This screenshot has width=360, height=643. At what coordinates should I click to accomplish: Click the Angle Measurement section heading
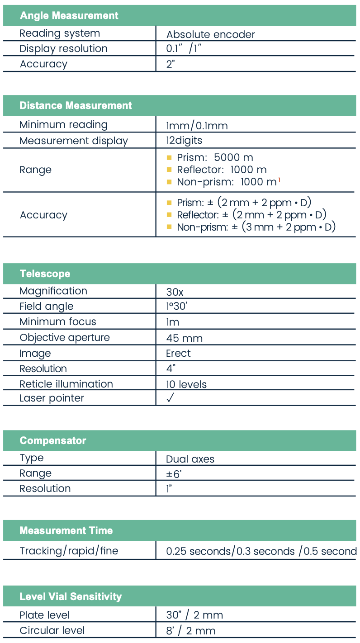point(69,15)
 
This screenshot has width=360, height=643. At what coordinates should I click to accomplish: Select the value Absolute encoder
point(210,35)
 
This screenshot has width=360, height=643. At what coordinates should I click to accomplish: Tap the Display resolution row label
point(63,49)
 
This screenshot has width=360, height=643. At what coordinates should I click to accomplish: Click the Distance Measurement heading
point(76,106)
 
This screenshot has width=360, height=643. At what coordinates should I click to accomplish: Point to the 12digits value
point(184,141)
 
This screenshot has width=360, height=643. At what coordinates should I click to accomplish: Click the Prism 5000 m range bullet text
point(215,158)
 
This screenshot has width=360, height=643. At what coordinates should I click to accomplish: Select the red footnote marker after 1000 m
point(279,180)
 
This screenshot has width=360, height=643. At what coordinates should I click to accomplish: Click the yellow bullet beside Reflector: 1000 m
point(169,170)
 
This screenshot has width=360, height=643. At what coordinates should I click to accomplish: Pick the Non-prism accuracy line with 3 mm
point(256,227)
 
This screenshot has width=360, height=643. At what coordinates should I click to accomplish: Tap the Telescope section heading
point(45,274)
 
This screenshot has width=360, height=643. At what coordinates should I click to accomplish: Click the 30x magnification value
point(175,293)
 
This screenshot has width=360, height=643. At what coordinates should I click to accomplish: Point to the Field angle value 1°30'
point(177,307)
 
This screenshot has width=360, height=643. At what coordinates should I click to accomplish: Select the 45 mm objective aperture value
point(184,338)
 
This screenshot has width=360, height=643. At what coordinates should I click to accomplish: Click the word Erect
point(178,354)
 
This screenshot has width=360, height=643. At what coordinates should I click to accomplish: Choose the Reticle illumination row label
point(66,384)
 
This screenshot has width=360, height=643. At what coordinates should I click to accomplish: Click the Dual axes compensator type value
point(190,459)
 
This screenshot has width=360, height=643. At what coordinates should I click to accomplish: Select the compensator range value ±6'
point(174,474)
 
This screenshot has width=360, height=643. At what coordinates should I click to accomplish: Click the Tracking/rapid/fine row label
point(69,551)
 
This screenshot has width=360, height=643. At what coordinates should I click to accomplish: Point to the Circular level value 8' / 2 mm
point(190,631)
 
